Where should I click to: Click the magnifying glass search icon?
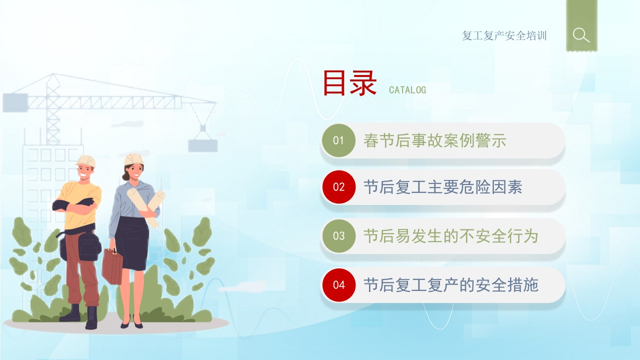tap(581, 35)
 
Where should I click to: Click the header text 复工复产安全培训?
tap(504, 35)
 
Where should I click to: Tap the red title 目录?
tap(349, 83)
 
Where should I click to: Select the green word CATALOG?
tap(407, 90)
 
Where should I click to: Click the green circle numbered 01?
tap(338, 140)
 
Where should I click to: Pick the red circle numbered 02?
tap(339, 187)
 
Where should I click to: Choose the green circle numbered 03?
tap(339, 235)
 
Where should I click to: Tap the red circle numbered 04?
tap(339, 285)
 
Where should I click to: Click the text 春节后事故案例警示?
tap(435, 140)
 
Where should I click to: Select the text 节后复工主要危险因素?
tap(443, 187)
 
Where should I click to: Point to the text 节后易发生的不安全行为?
tap(451, 236)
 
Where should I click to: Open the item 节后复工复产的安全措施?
tap(451, 285)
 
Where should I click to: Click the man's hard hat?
tap(85, 161)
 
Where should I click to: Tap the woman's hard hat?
tap(133, 159)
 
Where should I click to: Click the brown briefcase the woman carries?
tap(112, 266)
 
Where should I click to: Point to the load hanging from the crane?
tap(203, 145)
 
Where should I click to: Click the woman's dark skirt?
tap(132, 243)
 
